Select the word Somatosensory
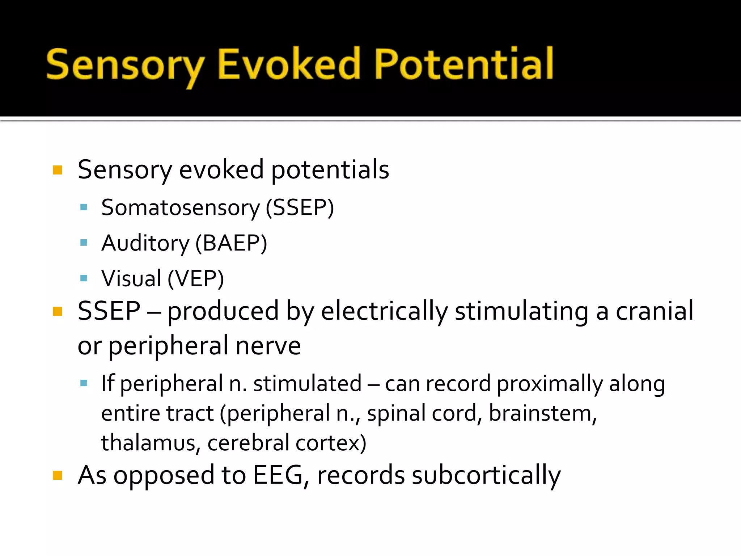180,208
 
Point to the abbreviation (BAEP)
231,243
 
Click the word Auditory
145,243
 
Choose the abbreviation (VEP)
196,278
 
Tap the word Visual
131,278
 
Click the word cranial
655,311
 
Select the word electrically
384,311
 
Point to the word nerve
268,346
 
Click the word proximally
550,384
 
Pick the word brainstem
542,413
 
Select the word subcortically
486,475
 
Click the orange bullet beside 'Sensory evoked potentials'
58,170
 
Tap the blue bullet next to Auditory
84,243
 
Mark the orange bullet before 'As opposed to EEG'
58,475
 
